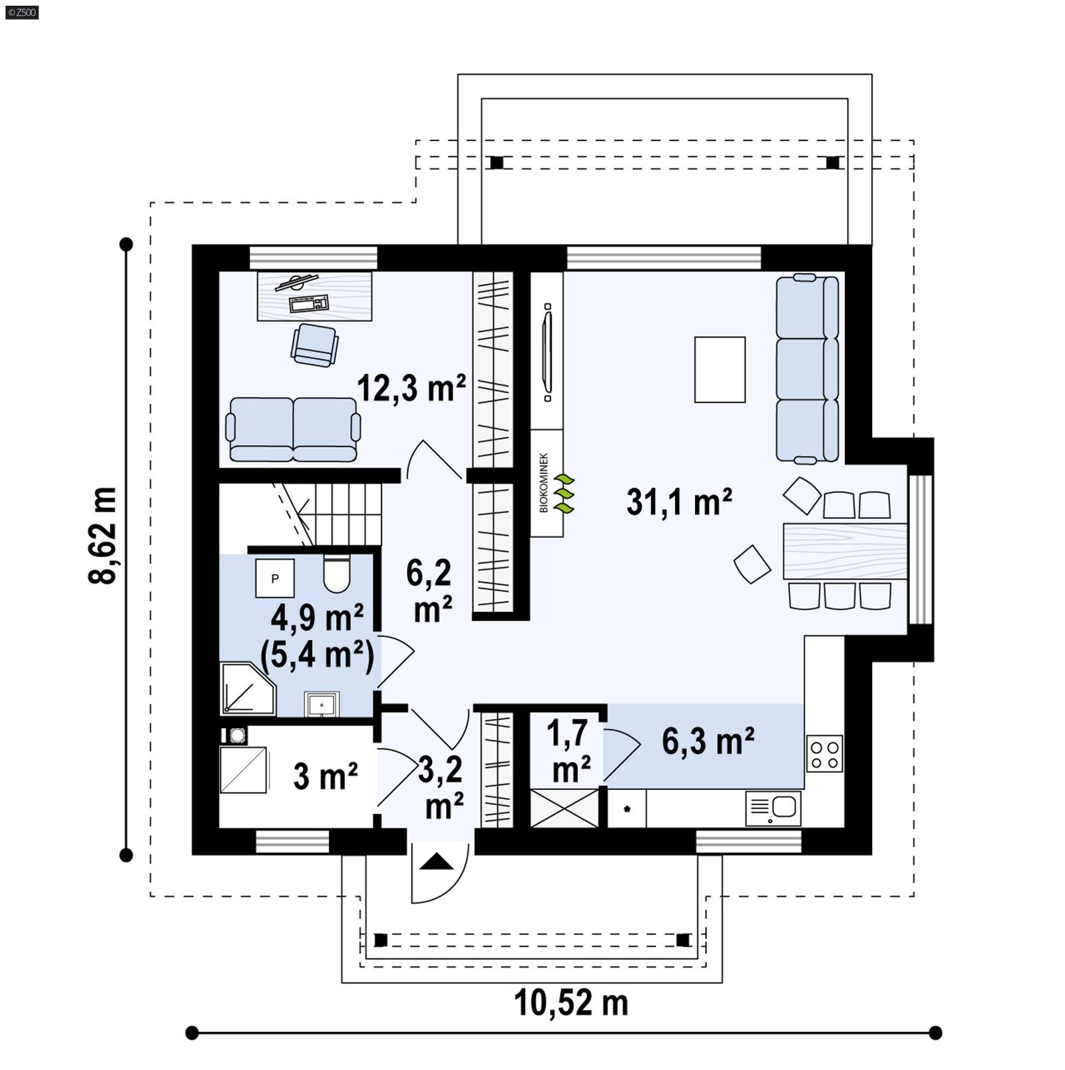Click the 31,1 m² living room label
pyautogui.click(x=678, y=502)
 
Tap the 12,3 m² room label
pyautogui.click(x=411, y=388)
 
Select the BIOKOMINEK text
pyautogui.click(x=544, y=483)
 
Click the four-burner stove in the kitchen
pyautogui.click(x=824, y=753)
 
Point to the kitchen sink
pyautogui.click(x=773, y=808)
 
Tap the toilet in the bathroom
pyautogui.click(x=336, y=573)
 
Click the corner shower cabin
pyautogui.click(x=246, y=689)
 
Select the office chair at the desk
pyautogui.click(x=314, y=345)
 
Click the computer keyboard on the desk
pyautogui.click(x=308, y=304)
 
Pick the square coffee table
pyautogui.click(x=720, y=369)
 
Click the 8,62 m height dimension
pyautogui.click(x=103, y=536)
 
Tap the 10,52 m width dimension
pyautogui.click(x=570, y=1002)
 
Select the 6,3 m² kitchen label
pyautogui.click(x=708, y=741)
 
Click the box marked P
pyautogui.click(x=275, y=578)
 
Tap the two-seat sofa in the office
pyautogui.click(x=293, y=429)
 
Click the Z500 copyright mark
pyautogui.click(x=21, y=12)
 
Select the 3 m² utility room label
pyautogui.click(x=325, y=776)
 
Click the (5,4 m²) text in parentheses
pyautogui.click(x=317, y=655)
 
